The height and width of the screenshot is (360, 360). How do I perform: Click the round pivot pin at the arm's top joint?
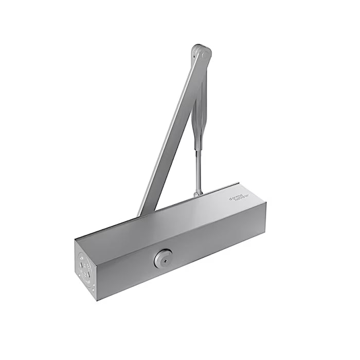click(x=205, y=53)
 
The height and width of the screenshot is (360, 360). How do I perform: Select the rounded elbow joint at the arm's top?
click(x=201, y=53)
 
